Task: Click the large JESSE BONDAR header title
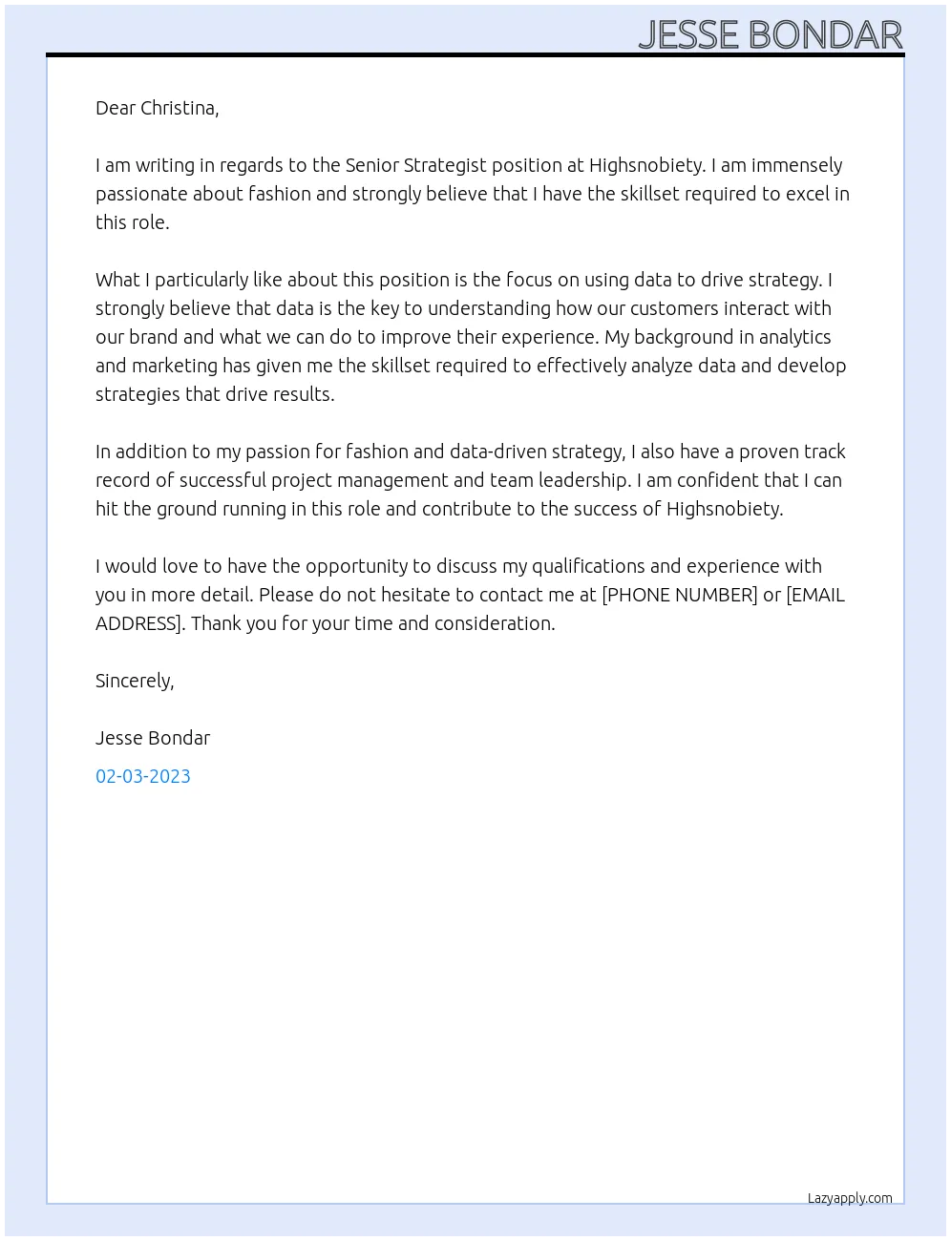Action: point(770,34)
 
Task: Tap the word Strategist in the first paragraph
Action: point(444,165)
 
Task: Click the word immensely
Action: point(796,165)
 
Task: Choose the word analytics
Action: point(794,337)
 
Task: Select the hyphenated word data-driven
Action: point(551,452)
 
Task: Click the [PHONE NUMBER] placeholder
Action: point(679,595)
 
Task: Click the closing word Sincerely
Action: point(134,681)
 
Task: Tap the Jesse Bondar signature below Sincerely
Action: point(153,738)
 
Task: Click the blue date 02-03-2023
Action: point(143,776)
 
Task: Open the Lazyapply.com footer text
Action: point(850,1198)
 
